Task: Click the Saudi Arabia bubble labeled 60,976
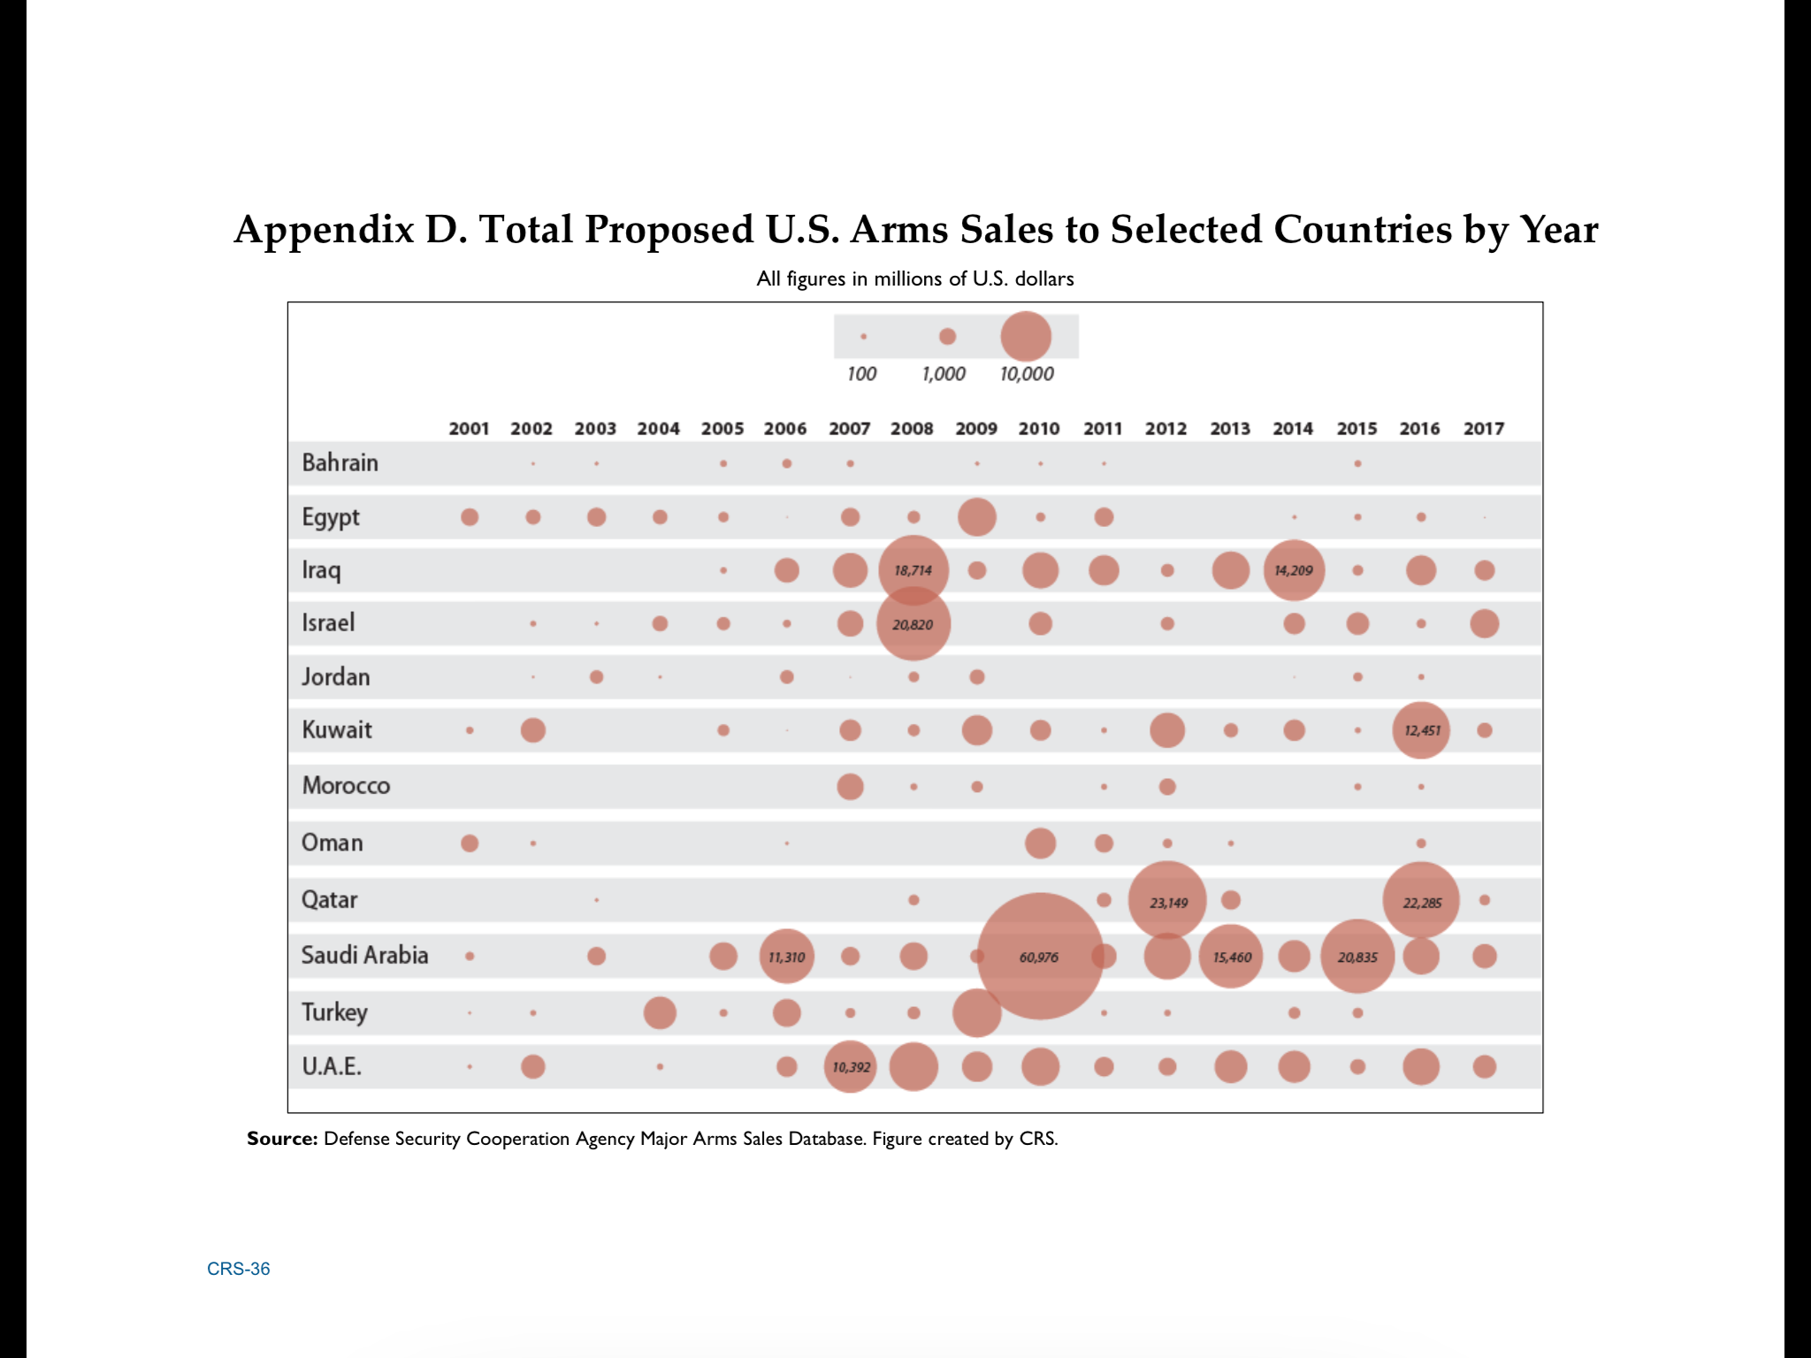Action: [1040, 957]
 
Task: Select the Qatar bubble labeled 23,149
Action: [1167, 901]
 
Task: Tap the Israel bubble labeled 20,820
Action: [913, 624]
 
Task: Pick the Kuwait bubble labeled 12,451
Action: [1421, 730]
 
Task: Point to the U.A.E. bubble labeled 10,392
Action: [850, 1067]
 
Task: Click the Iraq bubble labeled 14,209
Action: [1294, 570]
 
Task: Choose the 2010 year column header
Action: [1039, 429]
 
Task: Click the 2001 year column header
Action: [469, 429]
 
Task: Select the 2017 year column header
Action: [1483, 429]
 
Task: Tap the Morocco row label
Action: [346, 785]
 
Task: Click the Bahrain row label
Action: [340, 462]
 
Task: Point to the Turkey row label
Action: [334, 1011]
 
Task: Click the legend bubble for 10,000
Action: [1026, 337]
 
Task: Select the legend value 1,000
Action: [944, 374]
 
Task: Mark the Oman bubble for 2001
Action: [470, 843]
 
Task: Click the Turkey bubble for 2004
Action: [660, 1012]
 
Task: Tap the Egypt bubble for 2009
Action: [977, 517]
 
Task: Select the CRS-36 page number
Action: [239, 1269]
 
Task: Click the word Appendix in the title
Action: [324, 230]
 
